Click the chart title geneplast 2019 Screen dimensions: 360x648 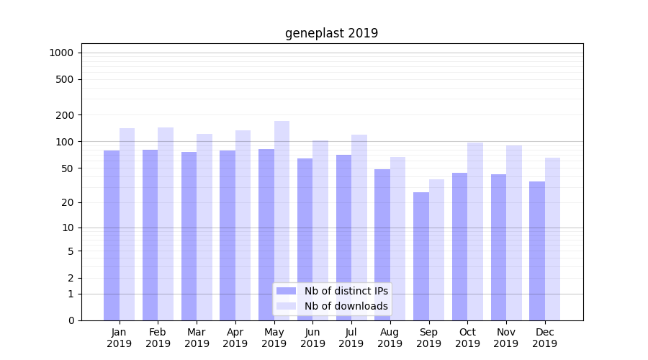pos(331,33)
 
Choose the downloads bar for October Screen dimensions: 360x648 pos(475,231)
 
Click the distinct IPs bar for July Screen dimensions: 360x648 pos(343,238)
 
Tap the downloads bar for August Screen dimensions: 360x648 pos(397,238)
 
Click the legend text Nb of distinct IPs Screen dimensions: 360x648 pos(346,291)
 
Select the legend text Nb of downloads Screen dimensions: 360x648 pos(346,306)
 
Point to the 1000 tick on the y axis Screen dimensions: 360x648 pos(61,53)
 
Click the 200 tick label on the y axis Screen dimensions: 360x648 pos(66,115)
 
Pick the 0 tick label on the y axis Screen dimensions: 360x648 pos(71,320)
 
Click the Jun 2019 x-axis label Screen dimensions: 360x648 pos(312,338)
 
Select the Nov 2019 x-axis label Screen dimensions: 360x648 pos(506,338)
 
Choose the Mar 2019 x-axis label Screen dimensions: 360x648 pos(197,338)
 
